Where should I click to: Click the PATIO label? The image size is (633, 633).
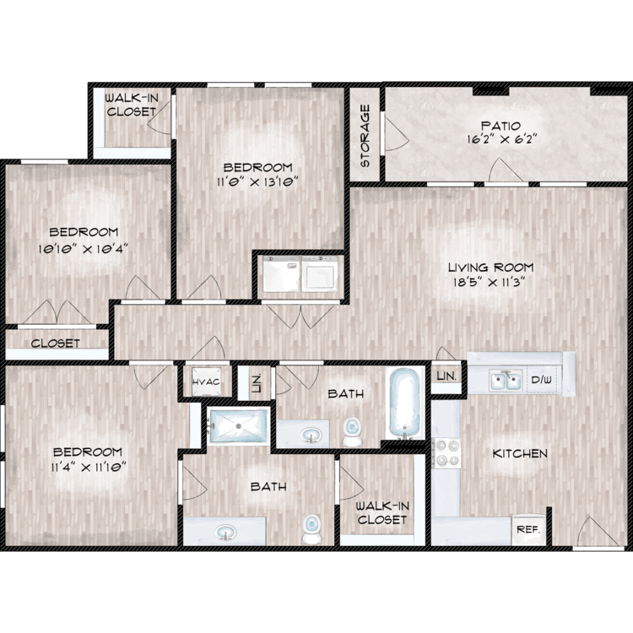pyautogui.click(x=501, y=126)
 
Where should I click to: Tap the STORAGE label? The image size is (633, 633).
pyautogui.click(x=365, y=136)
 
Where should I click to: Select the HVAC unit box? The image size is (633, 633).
pyautogui.click(x=206, y=381)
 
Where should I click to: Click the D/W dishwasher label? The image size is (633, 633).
pyautogui.click(x=541, y=380)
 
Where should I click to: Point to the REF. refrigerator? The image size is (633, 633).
pyautogui.click(x=528, y=529)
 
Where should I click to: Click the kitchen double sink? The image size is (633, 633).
pyautogui.click(x=506, y=381)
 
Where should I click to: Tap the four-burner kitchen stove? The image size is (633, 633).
pyautogui.click(x=446, y=453)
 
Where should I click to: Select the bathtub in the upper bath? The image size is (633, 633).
pyautogui.click(x=405, y=403)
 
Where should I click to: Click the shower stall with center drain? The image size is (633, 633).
pyautogui.click(x=239, y=426)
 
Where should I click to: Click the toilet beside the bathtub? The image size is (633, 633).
pyautogui.click(x=353, y=431)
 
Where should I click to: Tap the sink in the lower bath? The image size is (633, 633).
pyautogui.click(x=225, y=532)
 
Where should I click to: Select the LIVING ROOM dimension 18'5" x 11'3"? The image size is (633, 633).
pyautogui.click(x=489, y=282)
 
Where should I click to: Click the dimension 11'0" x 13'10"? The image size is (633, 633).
pyautogui.click(x=257, y=181)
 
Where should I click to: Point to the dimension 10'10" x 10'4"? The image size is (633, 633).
pyautogui.click(x=83, y=248)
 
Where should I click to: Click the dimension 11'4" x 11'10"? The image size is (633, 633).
pyautogui.click(x=89, y=468)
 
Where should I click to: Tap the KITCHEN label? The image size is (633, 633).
pyautogui.click(x=520, y=453)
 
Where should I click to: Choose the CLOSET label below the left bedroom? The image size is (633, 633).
pyautogui.click(x=56, y=344)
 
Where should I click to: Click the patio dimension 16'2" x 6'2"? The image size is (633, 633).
pyautogui.click(x=502, y=139)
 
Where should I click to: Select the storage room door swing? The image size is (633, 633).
pyautogui.click(x=397, y=134)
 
